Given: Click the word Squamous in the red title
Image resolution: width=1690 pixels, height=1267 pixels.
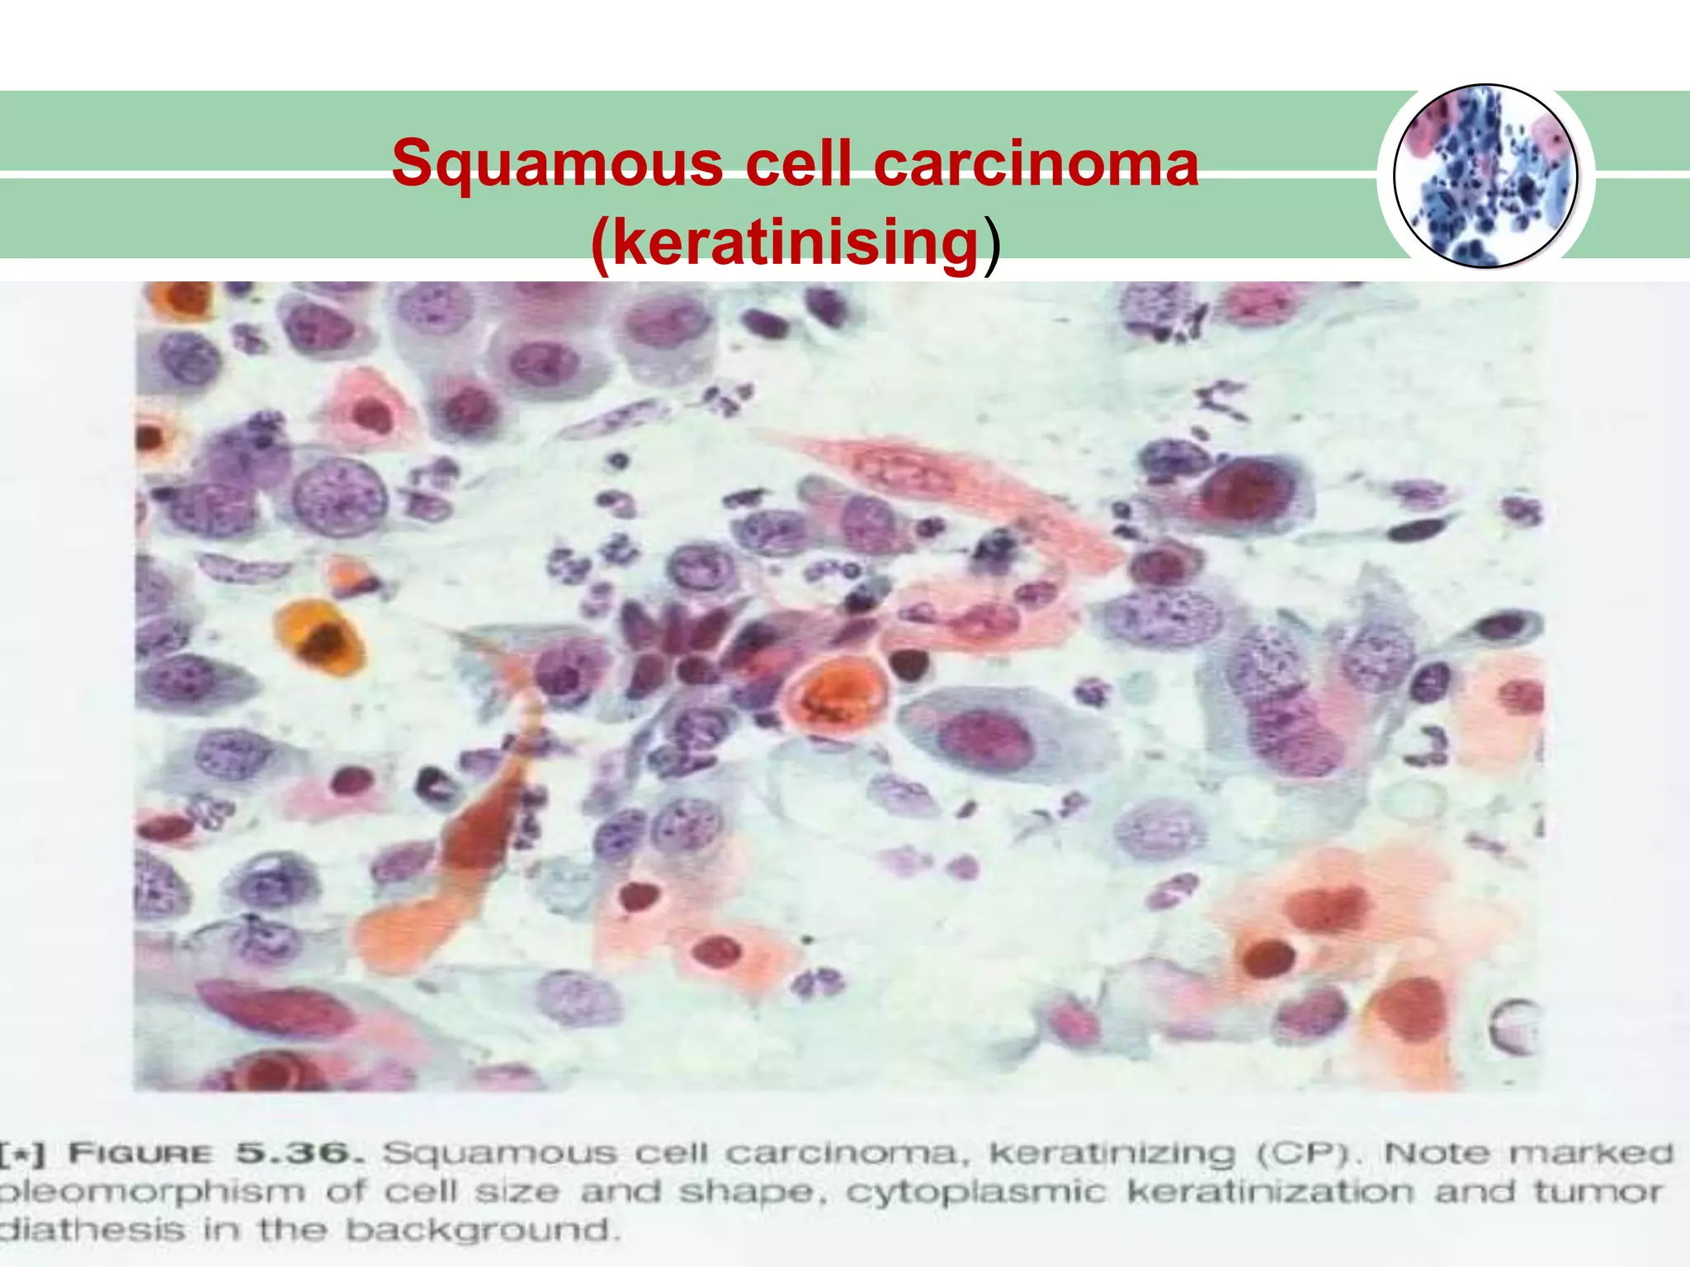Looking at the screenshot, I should coord(557,162).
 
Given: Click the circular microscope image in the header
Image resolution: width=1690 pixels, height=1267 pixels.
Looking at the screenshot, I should coord(1485,177).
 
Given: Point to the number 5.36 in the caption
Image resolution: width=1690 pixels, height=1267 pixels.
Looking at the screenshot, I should coord(299,1154).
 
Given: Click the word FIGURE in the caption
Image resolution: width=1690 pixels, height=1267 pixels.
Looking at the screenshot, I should coord(140,1154).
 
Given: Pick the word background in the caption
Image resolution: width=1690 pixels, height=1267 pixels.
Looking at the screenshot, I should coord(481,1231).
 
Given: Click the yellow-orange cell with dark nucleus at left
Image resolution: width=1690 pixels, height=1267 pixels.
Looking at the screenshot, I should coord(320,637).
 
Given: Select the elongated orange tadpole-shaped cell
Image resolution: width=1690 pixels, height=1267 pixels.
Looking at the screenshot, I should coord(462,858).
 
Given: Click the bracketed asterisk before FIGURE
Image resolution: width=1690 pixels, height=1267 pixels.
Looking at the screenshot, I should coord(23,1154).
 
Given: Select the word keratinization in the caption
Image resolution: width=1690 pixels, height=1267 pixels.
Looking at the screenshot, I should coord(1270,1193).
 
